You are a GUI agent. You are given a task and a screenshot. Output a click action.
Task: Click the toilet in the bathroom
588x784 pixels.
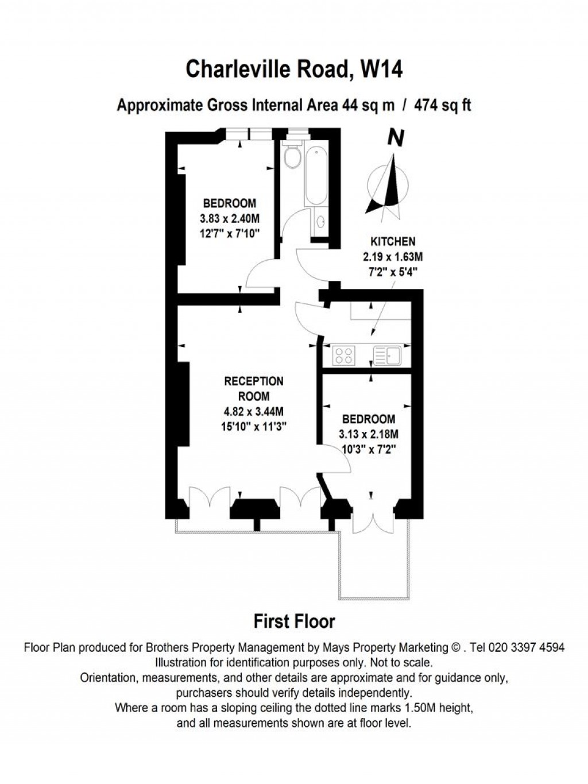[293, 156]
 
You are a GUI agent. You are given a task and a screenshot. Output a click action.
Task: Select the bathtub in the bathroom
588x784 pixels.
[316, 176]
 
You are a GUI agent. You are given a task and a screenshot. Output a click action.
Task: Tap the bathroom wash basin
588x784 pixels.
[319, 221]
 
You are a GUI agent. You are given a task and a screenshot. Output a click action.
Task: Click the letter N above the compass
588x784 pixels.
[396, 138]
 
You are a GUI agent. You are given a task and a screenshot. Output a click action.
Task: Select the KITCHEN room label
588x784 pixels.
[393, 242]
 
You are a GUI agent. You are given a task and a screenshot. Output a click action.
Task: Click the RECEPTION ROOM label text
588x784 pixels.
[253, 389]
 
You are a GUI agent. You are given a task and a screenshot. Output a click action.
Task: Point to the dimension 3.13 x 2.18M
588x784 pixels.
[369, 434]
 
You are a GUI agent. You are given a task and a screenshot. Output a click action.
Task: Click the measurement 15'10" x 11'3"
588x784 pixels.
[254, 426]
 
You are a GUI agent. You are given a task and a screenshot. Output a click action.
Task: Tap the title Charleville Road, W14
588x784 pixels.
[294, 69]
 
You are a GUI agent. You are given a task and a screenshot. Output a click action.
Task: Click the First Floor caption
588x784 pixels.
[294, 621]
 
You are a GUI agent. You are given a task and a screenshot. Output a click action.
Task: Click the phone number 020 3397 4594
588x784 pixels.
[525, 647]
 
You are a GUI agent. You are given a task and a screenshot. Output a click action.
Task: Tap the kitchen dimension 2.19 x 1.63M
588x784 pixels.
[393, 257]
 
